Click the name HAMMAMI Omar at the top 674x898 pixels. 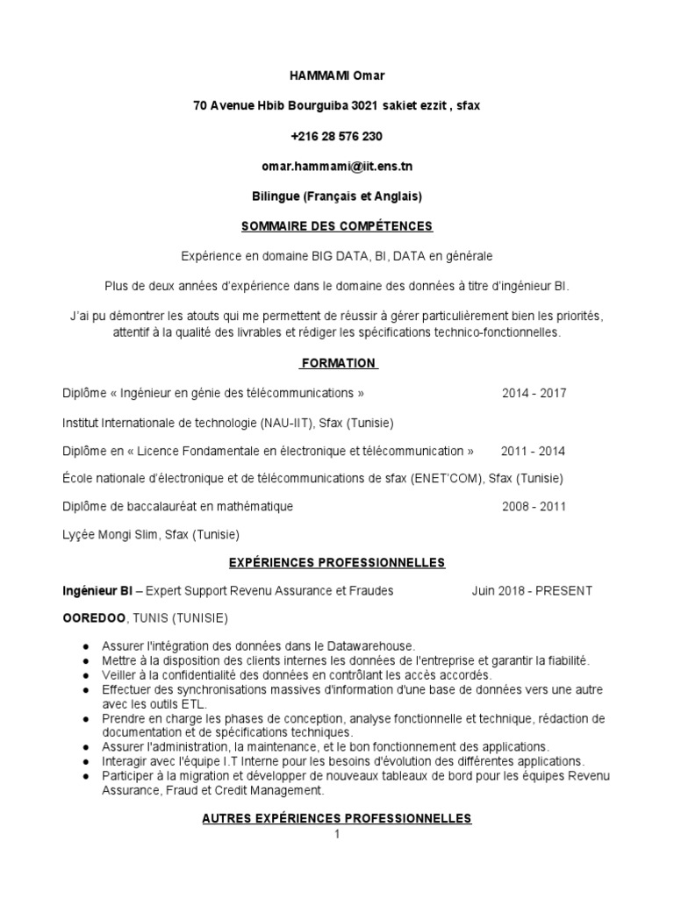[337, 76]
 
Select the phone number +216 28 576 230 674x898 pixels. [337, 136]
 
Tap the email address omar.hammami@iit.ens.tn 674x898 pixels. [337, 166]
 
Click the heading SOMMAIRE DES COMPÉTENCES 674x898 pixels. [337, 226]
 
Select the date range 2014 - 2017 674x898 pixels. [534, 393]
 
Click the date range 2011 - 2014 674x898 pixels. [533, 451]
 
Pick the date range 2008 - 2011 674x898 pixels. [534, 507]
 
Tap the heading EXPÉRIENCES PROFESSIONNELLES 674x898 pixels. [337, 563]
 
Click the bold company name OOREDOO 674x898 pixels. [94, 617]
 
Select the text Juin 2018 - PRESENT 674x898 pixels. [532, 590]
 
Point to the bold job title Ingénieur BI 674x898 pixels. [97, 590]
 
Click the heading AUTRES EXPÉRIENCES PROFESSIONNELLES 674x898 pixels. [337, 818]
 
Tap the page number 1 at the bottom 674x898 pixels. [336, 834]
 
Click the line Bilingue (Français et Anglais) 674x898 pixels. [337, 196]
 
